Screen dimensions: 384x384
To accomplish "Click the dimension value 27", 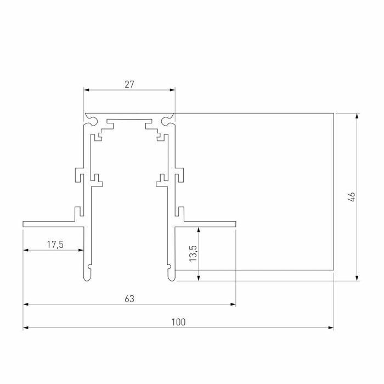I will click(129, 84).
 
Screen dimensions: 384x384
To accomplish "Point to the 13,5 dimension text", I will click(193, 253).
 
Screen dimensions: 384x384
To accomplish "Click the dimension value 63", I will click(129, 299).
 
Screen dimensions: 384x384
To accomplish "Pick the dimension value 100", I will click(178, 322).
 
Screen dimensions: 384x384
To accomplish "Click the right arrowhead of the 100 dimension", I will click(331, 327).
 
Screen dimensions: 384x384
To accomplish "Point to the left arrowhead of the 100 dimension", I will click(26, 327).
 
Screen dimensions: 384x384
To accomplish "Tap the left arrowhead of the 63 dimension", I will click(26, 304).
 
